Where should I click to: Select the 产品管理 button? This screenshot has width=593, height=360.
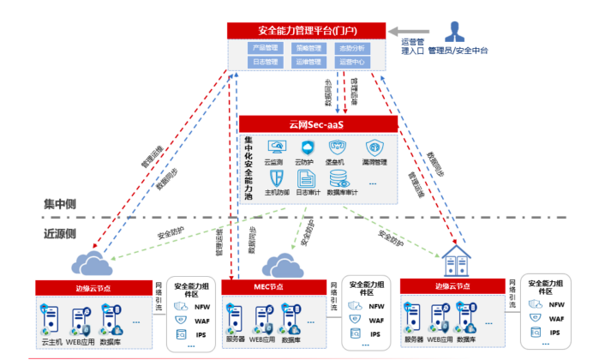tap(265, 49)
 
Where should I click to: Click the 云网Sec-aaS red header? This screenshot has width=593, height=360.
tap(318, 124)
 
